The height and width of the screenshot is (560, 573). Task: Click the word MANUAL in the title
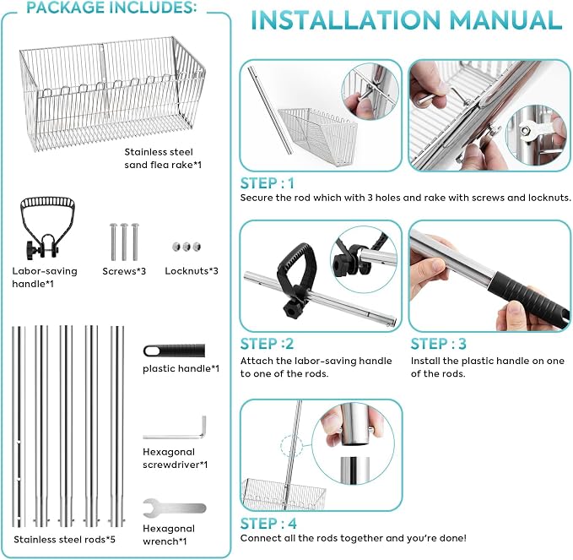pos(505,19)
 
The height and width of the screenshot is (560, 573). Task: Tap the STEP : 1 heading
pos(268,183)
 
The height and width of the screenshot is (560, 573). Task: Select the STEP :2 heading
pos(268,344)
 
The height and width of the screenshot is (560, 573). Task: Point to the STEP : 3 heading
pos(438,344)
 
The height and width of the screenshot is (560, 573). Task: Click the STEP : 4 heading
pos(268,524)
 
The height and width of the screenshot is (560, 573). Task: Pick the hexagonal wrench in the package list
pos(175,508)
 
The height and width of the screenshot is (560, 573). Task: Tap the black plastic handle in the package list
pos(174,351)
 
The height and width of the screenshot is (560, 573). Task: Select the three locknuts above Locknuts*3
pos(186,246)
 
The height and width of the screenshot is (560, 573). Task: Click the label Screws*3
pos(124,271)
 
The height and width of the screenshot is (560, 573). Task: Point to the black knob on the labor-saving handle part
pos(32,250)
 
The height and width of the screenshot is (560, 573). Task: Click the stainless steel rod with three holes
pos(19,427)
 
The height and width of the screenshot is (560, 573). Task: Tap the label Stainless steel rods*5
pos(64,539)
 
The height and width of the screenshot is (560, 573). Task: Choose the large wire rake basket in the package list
pos(112,94)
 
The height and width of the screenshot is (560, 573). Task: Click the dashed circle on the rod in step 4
pos(291,446)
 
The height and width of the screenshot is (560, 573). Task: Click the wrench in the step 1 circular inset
pos(532,131)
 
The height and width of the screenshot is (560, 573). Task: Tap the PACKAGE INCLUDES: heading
pos(111,8)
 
